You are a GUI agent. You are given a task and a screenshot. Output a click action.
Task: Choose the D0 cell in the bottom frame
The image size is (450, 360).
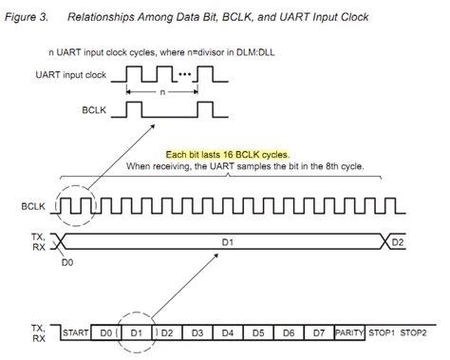click(107, 333)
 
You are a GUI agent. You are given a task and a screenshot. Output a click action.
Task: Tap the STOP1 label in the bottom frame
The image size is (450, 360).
click(382, 333)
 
